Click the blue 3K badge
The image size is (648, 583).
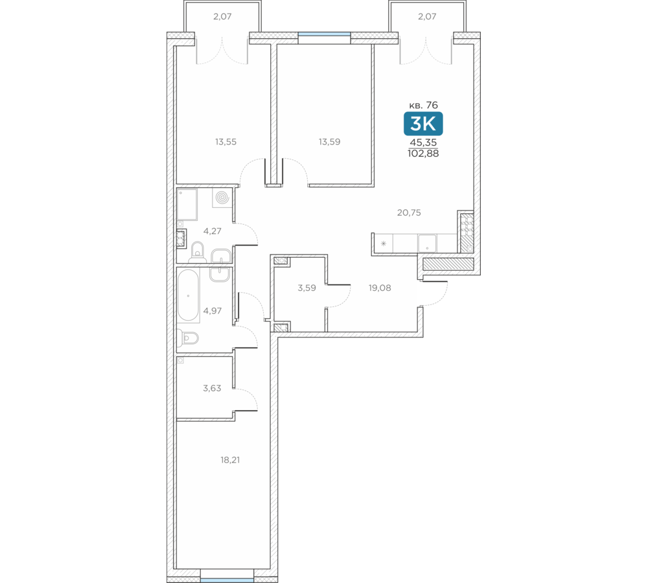click(423, 124)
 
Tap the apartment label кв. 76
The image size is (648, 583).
click(423, 105)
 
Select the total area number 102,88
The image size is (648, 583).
click(423, 154)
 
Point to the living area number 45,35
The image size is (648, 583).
click(423, 143)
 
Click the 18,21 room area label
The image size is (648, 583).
click(230, 460)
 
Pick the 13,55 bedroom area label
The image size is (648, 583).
click(226, 142)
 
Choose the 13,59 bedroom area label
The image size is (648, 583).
click(329, 142)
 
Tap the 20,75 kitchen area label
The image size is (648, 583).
click(409, 212)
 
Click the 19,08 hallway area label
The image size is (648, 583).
click(380, 288)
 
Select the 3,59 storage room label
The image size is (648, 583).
click(307, 288)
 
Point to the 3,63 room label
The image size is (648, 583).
click(212, 388)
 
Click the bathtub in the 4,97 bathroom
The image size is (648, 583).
click(189, 295)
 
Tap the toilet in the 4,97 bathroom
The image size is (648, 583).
click(189, 338)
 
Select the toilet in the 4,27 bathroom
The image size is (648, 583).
click(198, 253)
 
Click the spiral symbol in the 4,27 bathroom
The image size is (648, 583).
click(222, 198)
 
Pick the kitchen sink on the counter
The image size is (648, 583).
click(427, 243)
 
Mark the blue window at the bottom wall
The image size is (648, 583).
click(227, 580)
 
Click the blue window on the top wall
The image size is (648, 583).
click(325, 35)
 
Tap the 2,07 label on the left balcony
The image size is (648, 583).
click(222, 17)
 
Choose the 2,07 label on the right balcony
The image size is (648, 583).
click(427, 17)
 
